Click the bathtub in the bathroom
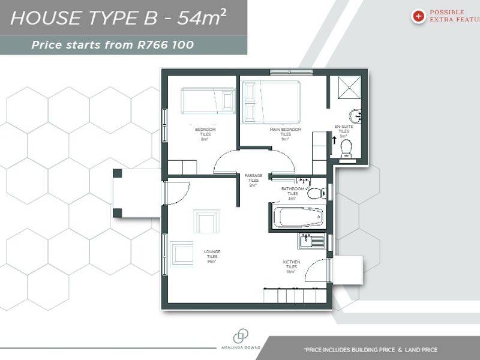point(298,217)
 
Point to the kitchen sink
point(311,241)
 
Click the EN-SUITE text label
point(344,126)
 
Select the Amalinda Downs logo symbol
point(241,337)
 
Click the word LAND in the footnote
point(408,350)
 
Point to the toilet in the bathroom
point(314,193)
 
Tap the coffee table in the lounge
point(206,221)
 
